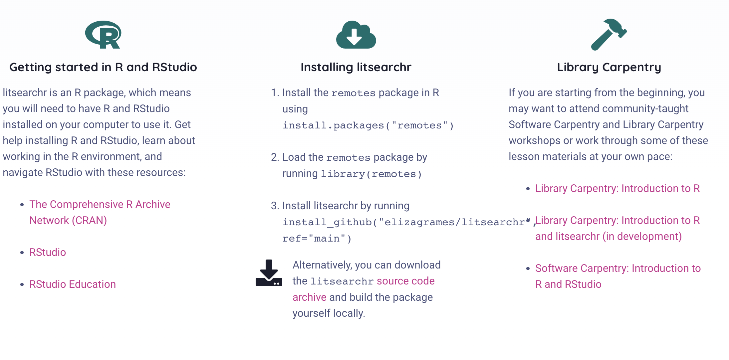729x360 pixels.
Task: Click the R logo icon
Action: click(x=103, y=35)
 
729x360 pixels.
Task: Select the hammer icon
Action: click(x=608, y=35)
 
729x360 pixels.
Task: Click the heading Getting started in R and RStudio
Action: click(x=103, y=67)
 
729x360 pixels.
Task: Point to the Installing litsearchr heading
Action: click(x=356, y=67)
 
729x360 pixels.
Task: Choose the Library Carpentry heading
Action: click(x=609, y=67)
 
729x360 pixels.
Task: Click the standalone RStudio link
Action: click(x=48, y=252)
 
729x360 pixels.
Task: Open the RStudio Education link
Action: click(x=73, y=284)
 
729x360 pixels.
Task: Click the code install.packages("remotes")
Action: click(x=368, y=125)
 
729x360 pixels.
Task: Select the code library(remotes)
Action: click(x=371, y=174)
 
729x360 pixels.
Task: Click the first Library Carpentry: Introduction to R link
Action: click(x=617, y=188)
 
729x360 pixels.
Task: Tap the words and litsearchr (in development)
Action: click(x=608, y=236)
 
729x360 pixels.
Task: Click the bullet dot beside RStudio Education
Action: click(x=22, y=284)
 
